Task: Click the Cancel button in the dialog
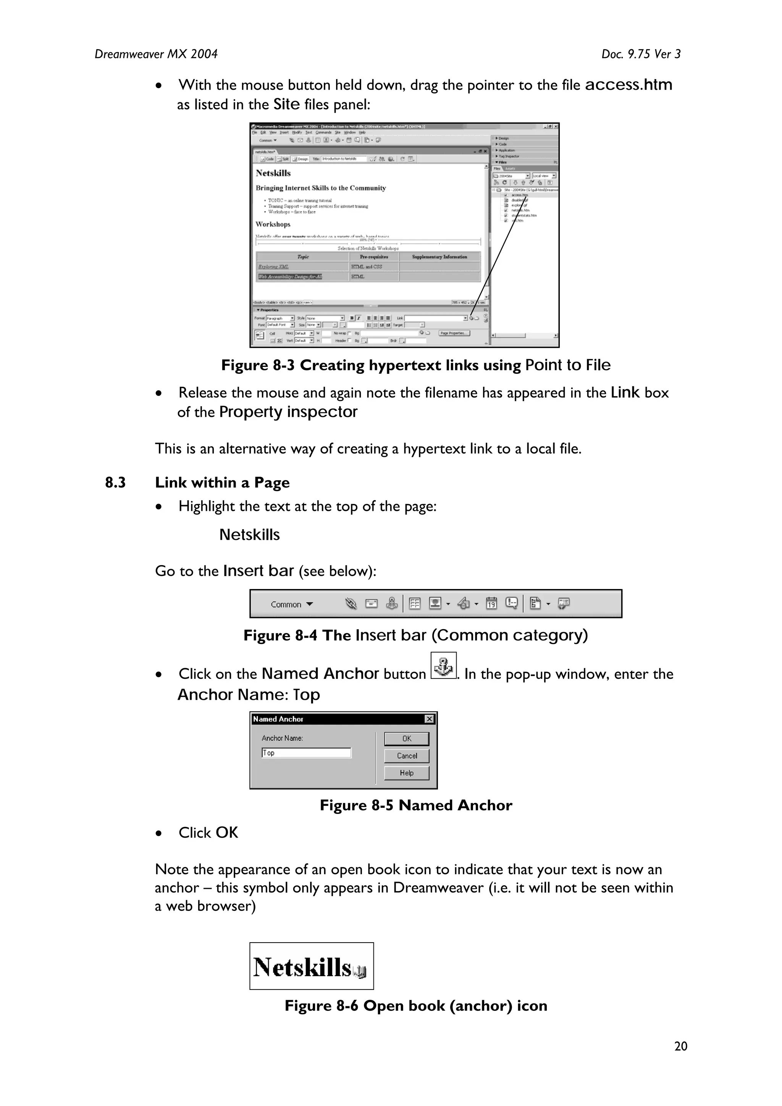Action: pyautogui.click(x=406, y=756)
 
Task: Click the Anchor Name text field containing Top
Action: pyautogui.click(x=307, y=753)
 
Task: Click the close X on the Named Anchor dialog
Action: pyautogui.click(x=429, y=719)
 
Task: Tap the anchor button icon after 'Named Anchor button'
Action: pyautogui.click(x=443, y=666)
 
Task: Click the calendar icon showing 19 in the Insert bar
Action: pyautogui.click(x=491, y=603)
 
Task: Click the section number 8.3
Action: pyautogui.click(x=115, y=483)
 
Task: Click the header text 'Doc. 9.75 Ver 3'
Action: pyautogui.click(x=640, y=54)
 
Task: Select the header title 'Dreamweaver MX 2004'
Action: pyautogui.click(x=156, y=54)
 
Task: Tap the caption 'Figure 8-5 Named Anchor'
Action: pyautogui.click(x=415, y=806)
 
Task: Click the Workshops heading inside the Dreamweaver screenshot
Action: pyautogui.click(x=273, y=224)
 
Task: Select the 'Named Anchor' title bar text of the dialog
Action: pyautogui.click(x=278, y=719)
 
